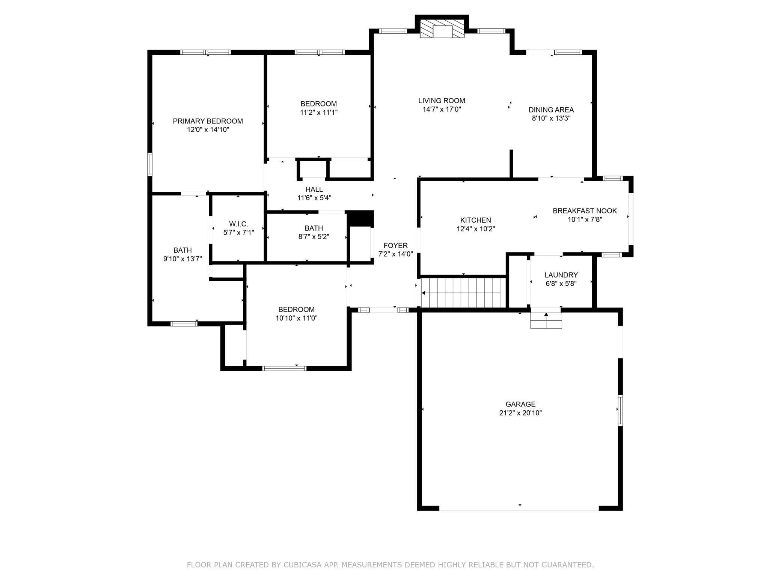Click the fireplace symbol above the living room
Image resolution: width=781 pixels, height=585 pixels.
click(442, 29)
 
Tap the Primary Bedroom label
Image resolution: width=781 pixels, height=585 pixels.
click(208, 121)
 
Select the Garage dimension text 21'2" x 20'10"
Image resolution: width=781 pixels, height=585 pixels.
click(520, 413)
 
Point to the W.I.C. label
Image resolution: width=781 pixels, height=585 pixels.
click(238, 224)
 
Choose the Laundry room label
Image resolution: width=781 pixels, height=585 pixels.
click(561, 275)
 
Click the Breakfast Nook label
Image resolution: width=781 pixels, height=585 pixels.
click(585, 211)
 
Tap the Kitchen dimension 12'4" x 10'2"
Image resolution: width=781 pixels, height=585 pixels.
click(476, 229)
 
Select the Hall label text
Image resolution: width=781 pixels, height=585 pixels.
click(314, 189)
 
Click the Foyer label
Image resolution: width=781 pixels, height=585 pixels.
click(395, 246)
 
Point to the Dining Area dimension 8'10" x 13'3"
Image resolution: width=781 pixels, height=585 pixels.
click(551, 118)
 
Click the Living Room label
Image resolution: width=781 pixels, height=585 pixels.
click(442, 100)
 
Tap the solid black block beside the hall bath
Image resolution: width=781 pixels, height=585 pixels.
click(360, 219)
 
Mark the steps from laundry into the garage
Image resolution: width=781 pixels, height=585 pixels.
click(546, 320)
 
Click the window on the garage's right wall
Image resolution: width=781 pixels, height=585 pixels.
click(620, 410)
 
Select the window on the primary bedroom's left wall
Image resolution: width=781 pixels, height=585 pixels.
click(150, 164)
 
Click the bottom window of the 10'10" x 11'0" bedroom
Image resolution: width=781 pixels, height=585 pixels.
click(284, 368)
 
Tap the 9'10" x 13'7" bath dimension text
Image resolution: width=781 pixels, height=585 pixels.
click(182, 259)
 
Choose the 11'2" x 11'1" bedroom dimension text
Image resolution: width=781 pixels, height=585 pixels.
click(318, 112)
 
